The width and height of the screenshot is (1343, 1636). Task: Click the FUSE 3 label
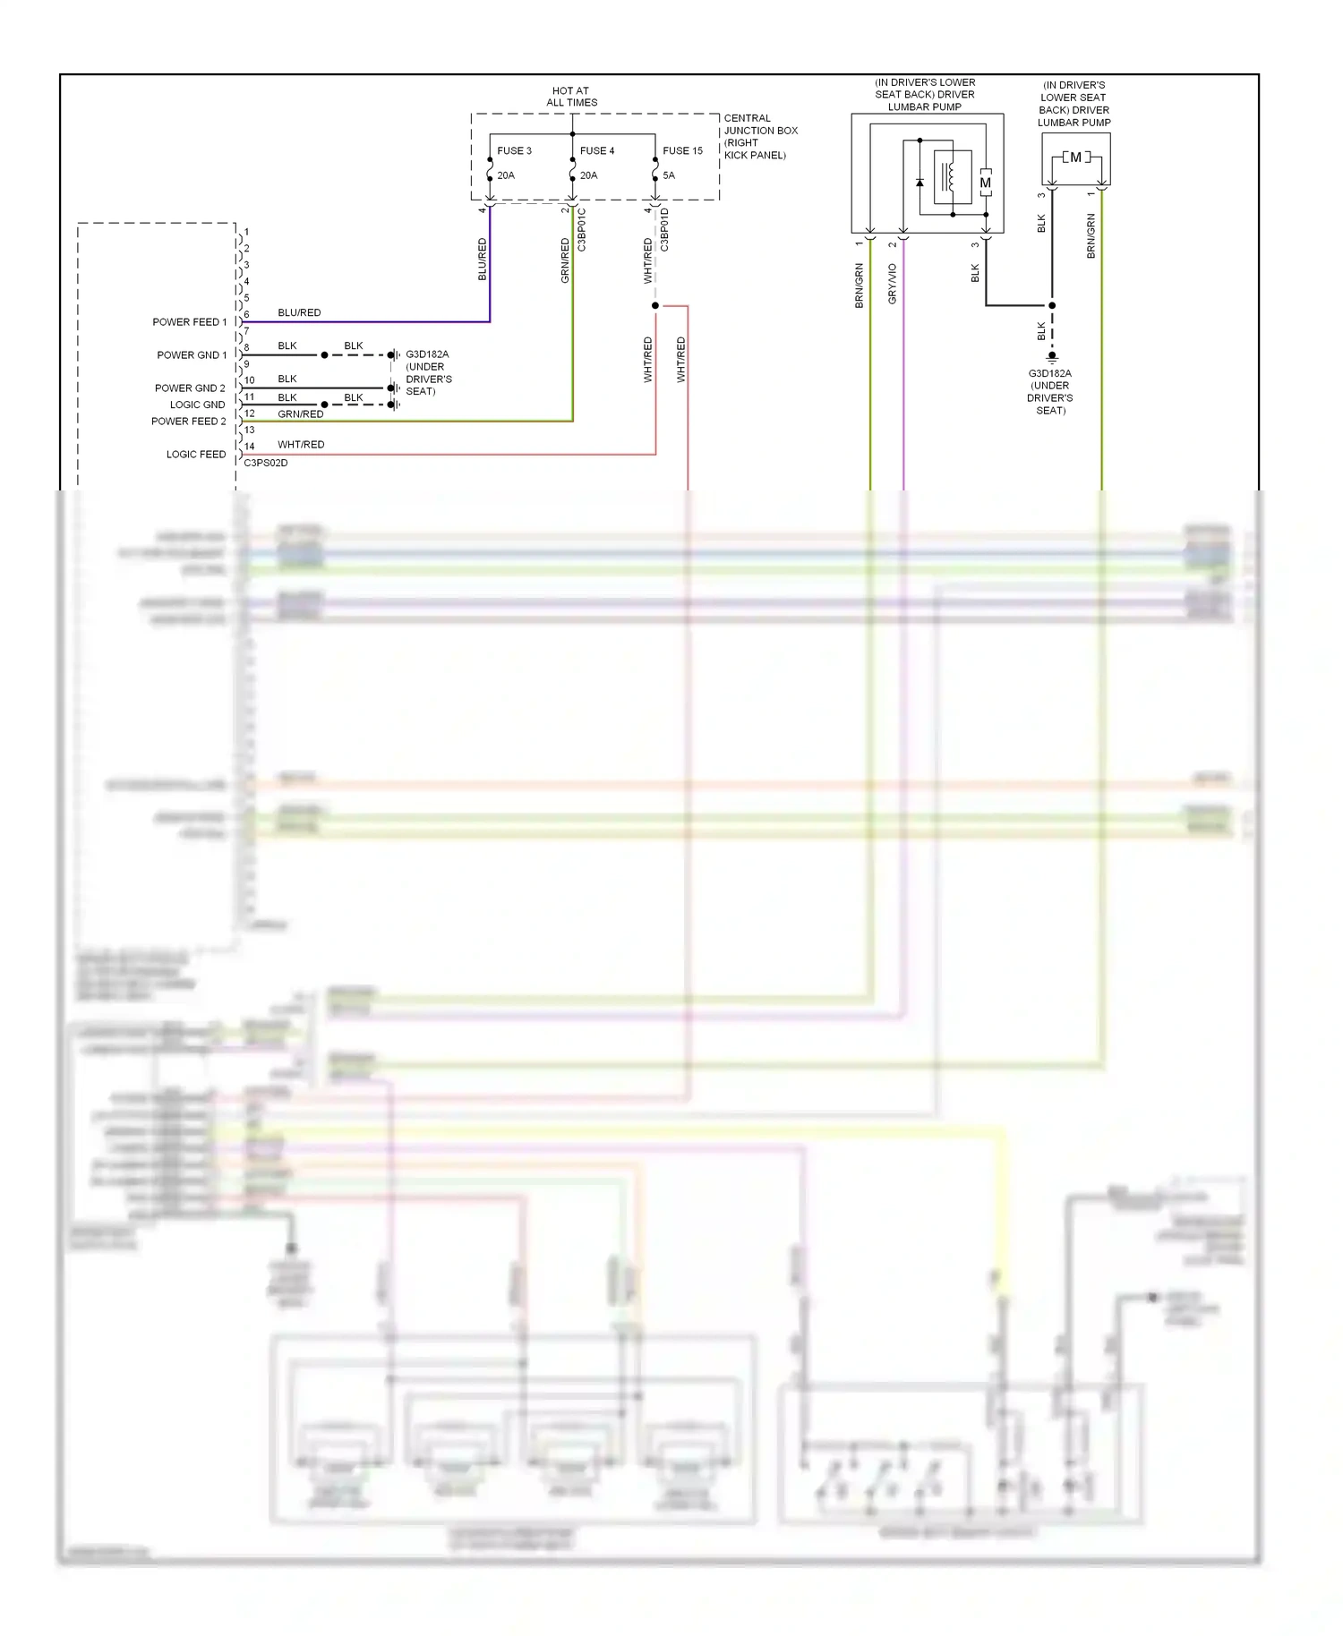(x=514, y=151)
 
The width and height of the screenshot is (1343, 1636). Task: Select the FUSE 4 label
(x=597, y=151)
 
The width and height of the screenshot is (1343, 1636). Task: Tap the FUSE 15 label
(x=682, y=151)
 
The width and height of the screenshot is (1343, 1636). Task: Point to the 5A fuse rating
(x=669, y=175)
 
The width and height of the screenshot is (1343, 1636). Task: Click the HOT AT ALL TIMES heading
(x=571, y=97)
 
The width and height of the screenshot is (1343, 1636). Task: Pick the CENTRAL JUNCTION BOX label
(x=760, y=136)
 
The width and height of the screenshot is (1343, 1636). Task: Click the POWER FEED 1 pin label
(x=190, y=322)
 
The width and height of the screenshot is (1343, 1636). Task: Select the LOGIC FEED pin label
(x=196, y=455)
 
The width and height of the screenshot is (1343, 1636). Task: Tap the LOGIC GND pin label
(x=198, y=405)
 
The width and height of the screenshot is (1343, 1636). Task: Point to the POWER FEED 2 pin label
(x=189, y=422)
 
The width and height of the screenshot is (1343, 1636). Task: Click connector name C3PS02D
(x=266, y=464)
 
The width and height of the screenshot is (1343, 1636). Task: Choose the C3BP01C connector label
(x=582, y=230)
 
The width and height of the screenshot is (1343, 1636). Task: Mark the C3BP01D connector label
(x=665, y=230)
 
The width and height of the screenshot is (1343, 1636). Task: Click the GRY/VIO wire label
(x=893, y=284)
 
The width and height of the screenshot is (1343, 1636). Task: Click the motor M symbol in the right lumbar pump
(x=1075, y=158)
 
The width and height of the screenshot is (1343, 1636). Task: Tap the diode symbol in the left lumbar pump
(x=920, y=183)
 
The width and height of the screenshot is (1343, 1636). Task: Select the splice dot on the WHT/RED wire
(x=655, y=306)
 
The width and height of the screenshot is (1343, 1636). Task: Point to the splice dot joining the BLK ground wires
(x=1052, y=306)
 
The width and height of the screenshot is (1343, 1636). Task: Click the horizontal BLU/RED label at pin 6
(x=299, y=313)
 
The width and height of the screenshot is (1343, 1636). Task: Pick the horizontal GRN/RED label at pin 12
(x=301, y=414)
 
